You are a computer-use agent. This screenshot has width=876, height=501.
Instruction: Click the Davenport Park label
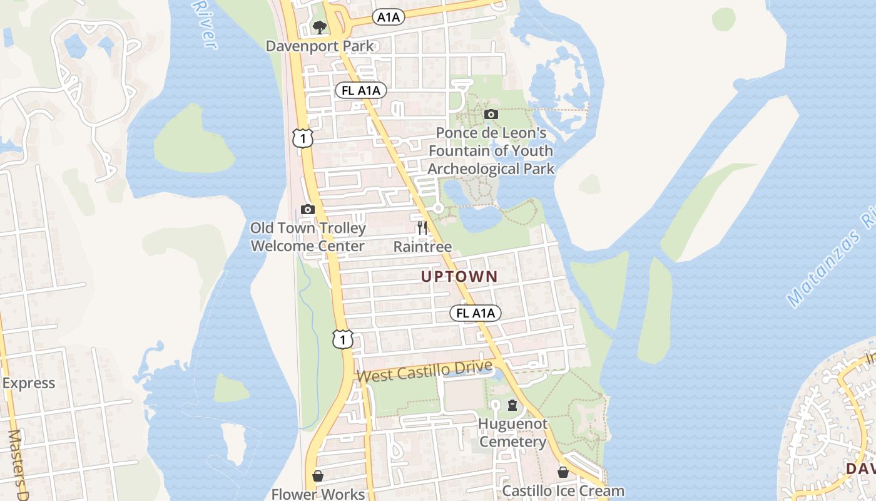point(320,46)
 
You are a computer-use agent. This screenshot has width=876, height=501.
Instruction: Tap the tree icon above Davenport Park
point(320,27)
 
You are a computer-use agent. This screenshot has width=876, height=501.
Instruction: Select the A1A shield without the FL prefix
point(388,18)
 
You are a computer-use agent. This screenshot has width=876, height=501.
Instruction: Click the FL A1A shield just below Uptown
point(476,313)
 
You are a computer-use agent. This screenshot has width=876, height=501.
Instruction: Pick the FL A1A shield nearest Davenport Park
point(360,90)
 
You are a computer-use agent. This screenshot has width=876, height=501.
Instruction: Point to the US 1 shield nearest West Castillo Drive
point(343,339)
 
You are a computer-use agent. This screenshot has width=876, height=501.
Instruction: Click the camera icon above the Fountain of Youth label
point(491,114)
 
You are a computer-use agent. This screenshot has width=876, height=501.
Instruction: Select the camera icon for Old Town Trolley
point(307,209)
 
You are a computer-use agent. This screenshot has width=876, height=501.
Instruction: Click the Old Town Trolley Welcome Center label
point(307,237)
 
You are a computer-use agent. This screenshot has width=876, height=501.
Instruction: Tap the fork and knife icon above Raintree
point(422,227)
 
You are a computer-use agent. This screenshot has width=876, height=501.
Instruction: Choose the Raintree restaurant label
point(422,247)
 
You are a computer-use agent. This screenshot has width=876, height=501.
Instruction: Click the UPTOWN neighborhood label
point(459,276)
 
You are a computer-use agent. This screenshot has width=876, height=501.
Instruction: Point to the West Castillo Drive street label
point(425,371)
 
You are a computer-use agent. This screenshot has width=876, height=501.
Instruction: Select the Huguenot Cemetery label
point(512,433)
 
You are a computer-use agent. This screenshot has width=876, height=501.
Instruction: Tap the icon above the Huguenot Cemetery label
point(512,405)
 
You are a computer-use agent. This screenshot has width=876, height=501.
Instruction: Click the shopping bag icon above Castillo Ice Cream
point(563,472)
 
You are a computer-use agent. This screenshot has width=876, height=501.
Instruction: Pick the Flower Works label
point(318,494)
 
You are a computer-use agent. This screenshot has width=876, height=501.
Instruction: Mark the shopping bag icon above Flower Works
point(318,476)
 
